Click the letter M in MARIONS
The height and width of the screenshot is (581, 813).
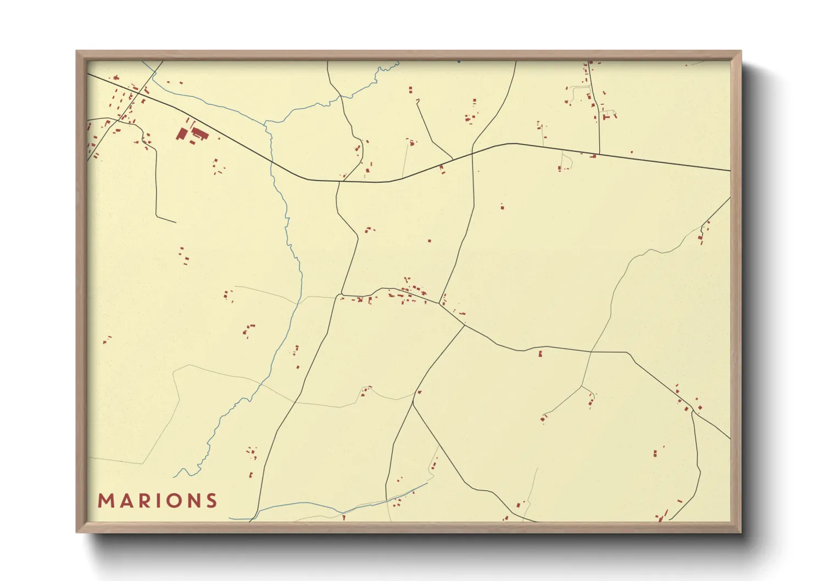click(x=105, y=501)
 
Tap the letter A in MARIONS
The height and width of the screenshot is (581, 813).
click(x=124, y=501)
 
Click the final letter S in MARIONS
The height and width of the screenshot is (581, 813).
click(x=210, y=501)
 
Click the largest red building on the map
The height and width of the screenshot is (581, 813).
click(x=181, y=134)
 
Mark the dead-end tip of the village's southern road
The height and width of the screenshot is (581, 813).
click(x=175, y=222)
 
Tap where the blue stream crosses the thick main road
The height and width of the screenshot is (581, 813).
click(x=271, y=162)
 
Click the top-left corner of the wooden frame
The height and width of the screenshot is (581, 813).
click(x=77, y=52)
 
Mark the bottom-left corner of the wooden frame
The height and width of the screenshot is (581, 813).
click(x=77, y=532)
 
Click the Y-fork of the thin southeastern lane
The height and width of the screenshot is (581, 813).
click(x=581, y=387)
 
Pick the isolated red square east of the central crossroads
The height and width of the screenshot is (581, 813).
click(x=502, y=207)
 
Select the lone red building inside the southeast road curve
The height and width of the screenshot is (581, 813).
click(x=655, y=454)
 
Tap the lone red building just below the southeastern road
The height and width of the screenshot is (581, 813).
click(x=540, y=354)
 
